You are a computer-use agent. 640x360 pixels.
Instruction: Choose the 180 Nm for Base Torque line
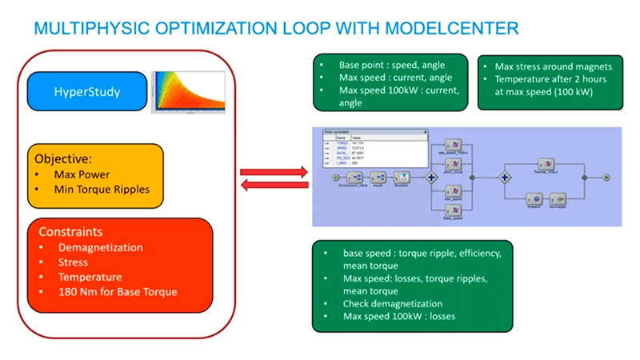118,292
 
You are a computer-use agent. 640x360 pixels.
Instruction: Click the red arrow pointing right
284,170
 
